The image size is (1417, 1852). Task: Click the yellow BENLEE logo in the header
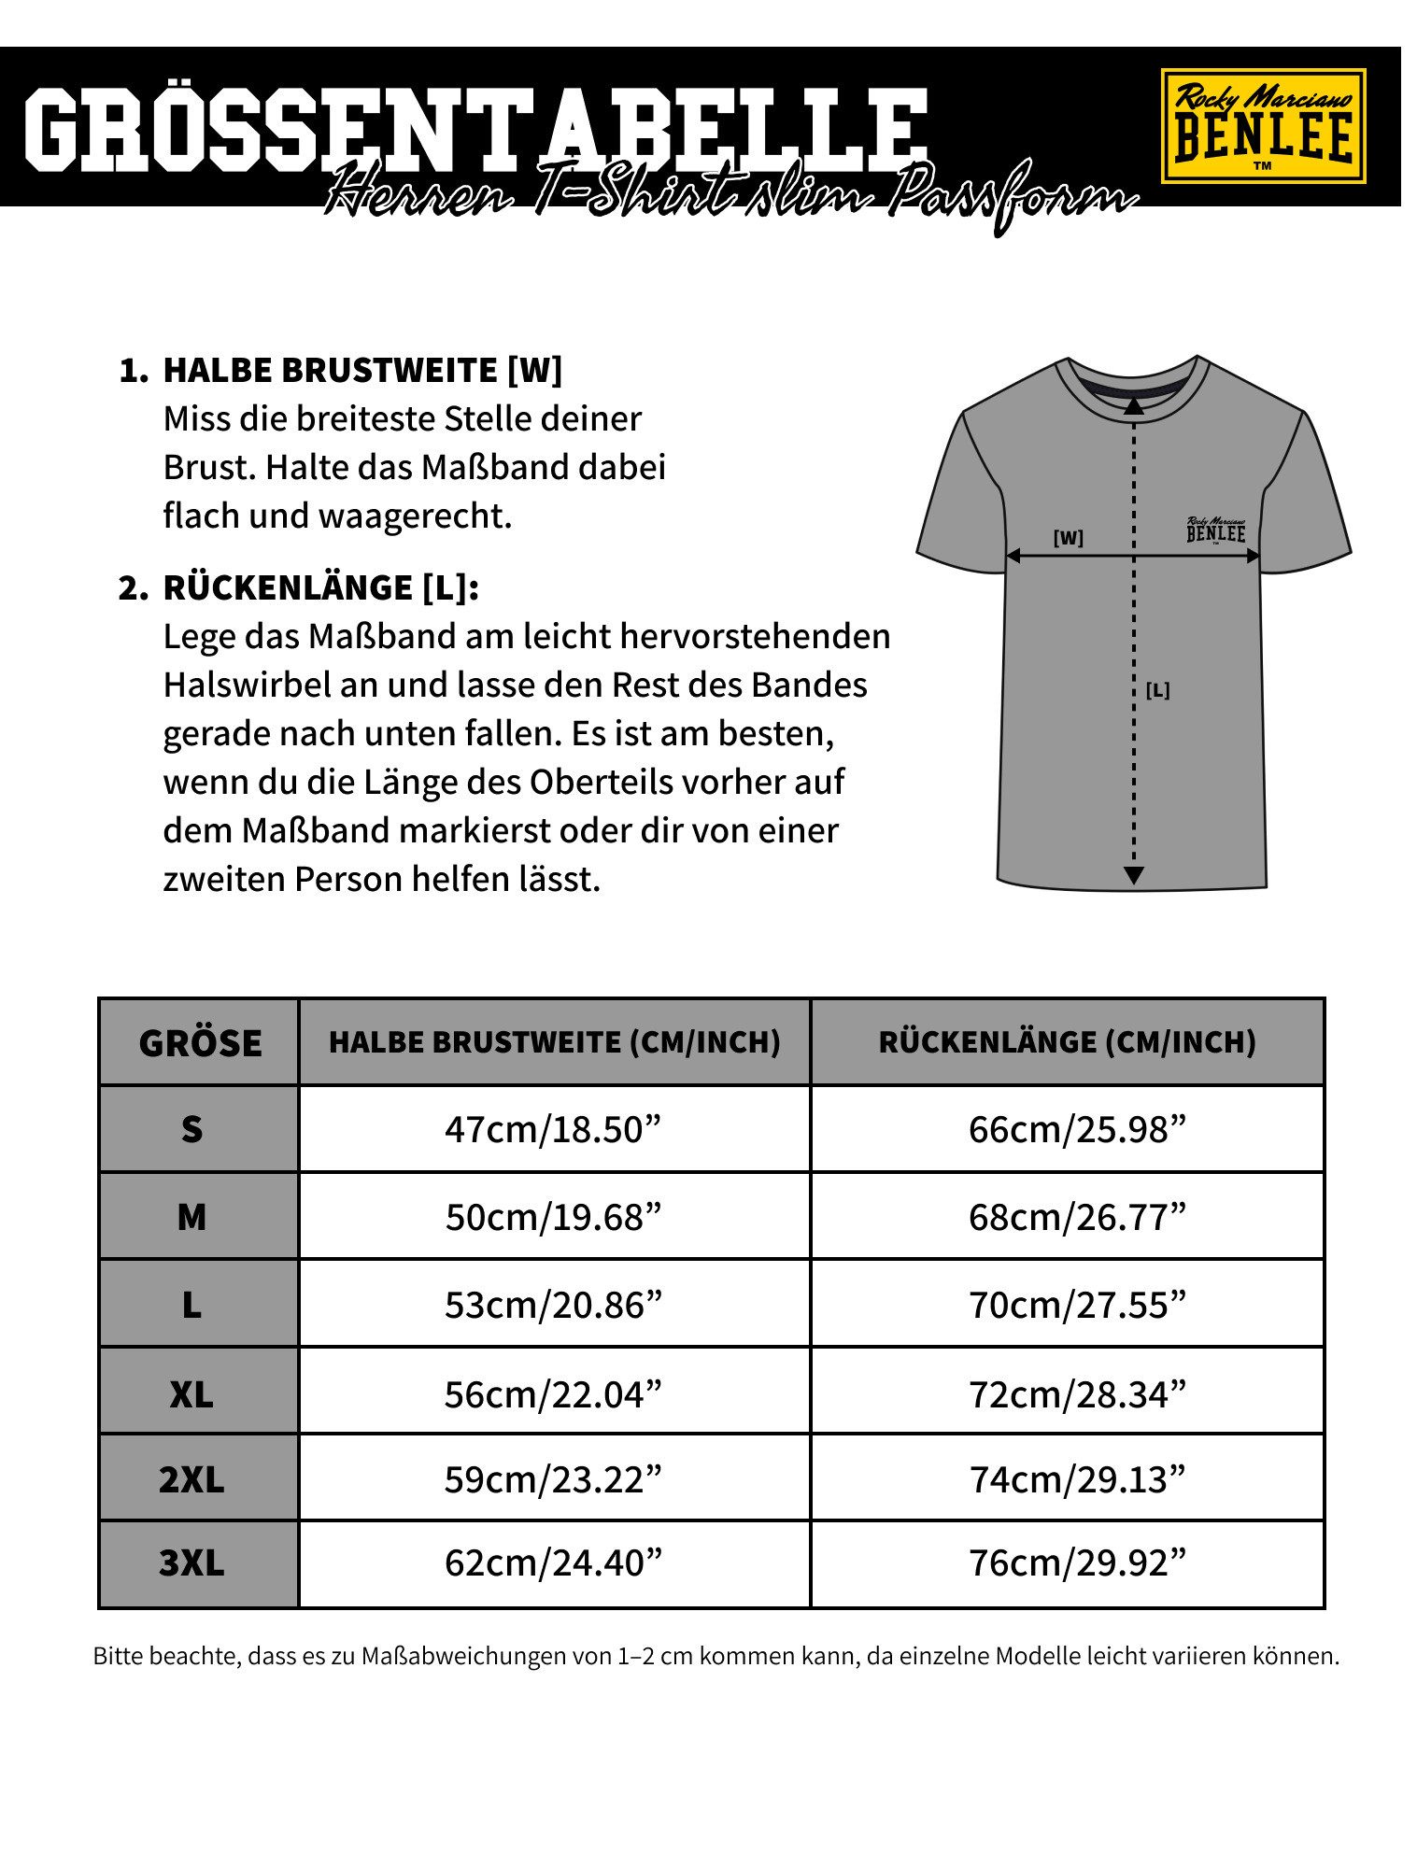point(1262,126)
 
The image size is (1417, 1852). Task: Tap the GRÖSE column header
point(199,1042)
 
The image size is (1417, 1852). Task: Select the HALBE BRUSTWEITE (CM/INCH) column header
point(554,1042)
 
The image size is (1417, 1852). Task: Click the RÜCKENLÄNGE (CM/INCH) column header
point(1067,1042)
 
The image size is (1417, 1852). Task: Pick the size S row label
point(191,1129)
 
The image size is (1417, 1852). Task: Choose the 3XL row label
point(191,1563)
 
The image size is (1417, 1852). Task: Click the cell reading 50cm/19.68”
point(553,1217)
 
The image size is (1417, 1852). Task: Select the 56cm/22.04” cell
point(553,1393)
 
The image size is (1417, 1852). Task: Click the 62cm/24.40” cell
point(553,1563)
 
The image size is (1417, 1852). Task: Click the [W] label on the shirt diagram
point(1068,539)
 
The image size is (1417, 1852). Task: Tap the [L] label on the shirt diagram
point(1157,691)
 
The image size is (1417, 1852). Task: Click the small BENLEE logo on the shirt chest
point(1216,530)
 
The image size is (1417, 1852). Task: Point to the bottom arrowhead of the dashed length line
point(1133,875)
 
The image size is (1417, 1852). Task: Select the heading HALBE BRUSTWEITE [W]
point(362,370)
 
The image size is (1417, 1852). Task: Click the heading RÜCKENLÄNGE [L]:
point(321,587)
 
